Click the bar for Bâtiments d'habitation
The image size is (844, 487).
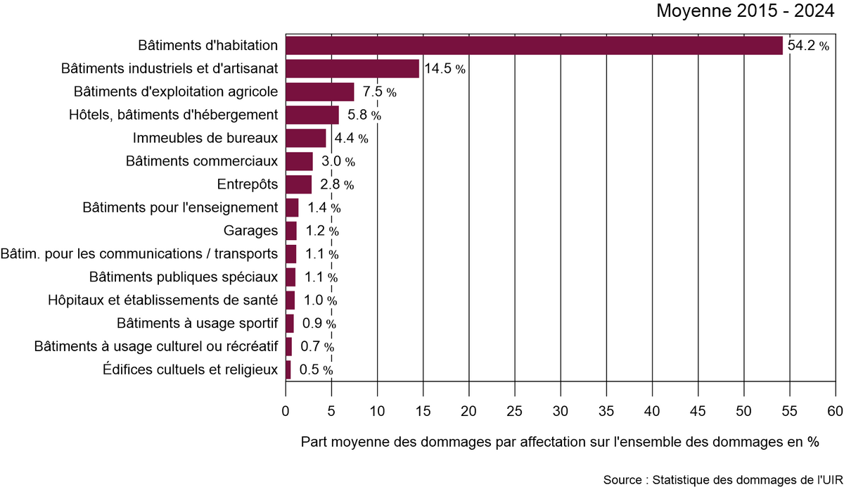click(534, 46)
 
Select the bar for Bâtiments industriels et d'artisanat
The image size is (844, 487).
click(352, 69)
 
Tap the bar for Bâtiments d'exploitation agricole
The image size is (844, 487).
click(320, 92)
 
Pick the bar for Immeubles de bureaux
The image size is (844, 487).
click(306, 138)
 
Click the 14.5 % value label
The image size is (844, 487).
click(444, 69)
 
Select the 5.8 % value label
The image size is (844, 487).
click(364, 115)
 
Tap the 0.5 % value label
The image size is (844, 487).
click(316, 369)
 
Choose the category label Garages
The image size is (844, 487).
click(251, 231)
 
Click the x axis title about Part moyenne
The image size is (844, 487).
click(560, 443)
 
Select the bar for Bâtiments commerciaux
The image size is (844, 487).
click(300, 161)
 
